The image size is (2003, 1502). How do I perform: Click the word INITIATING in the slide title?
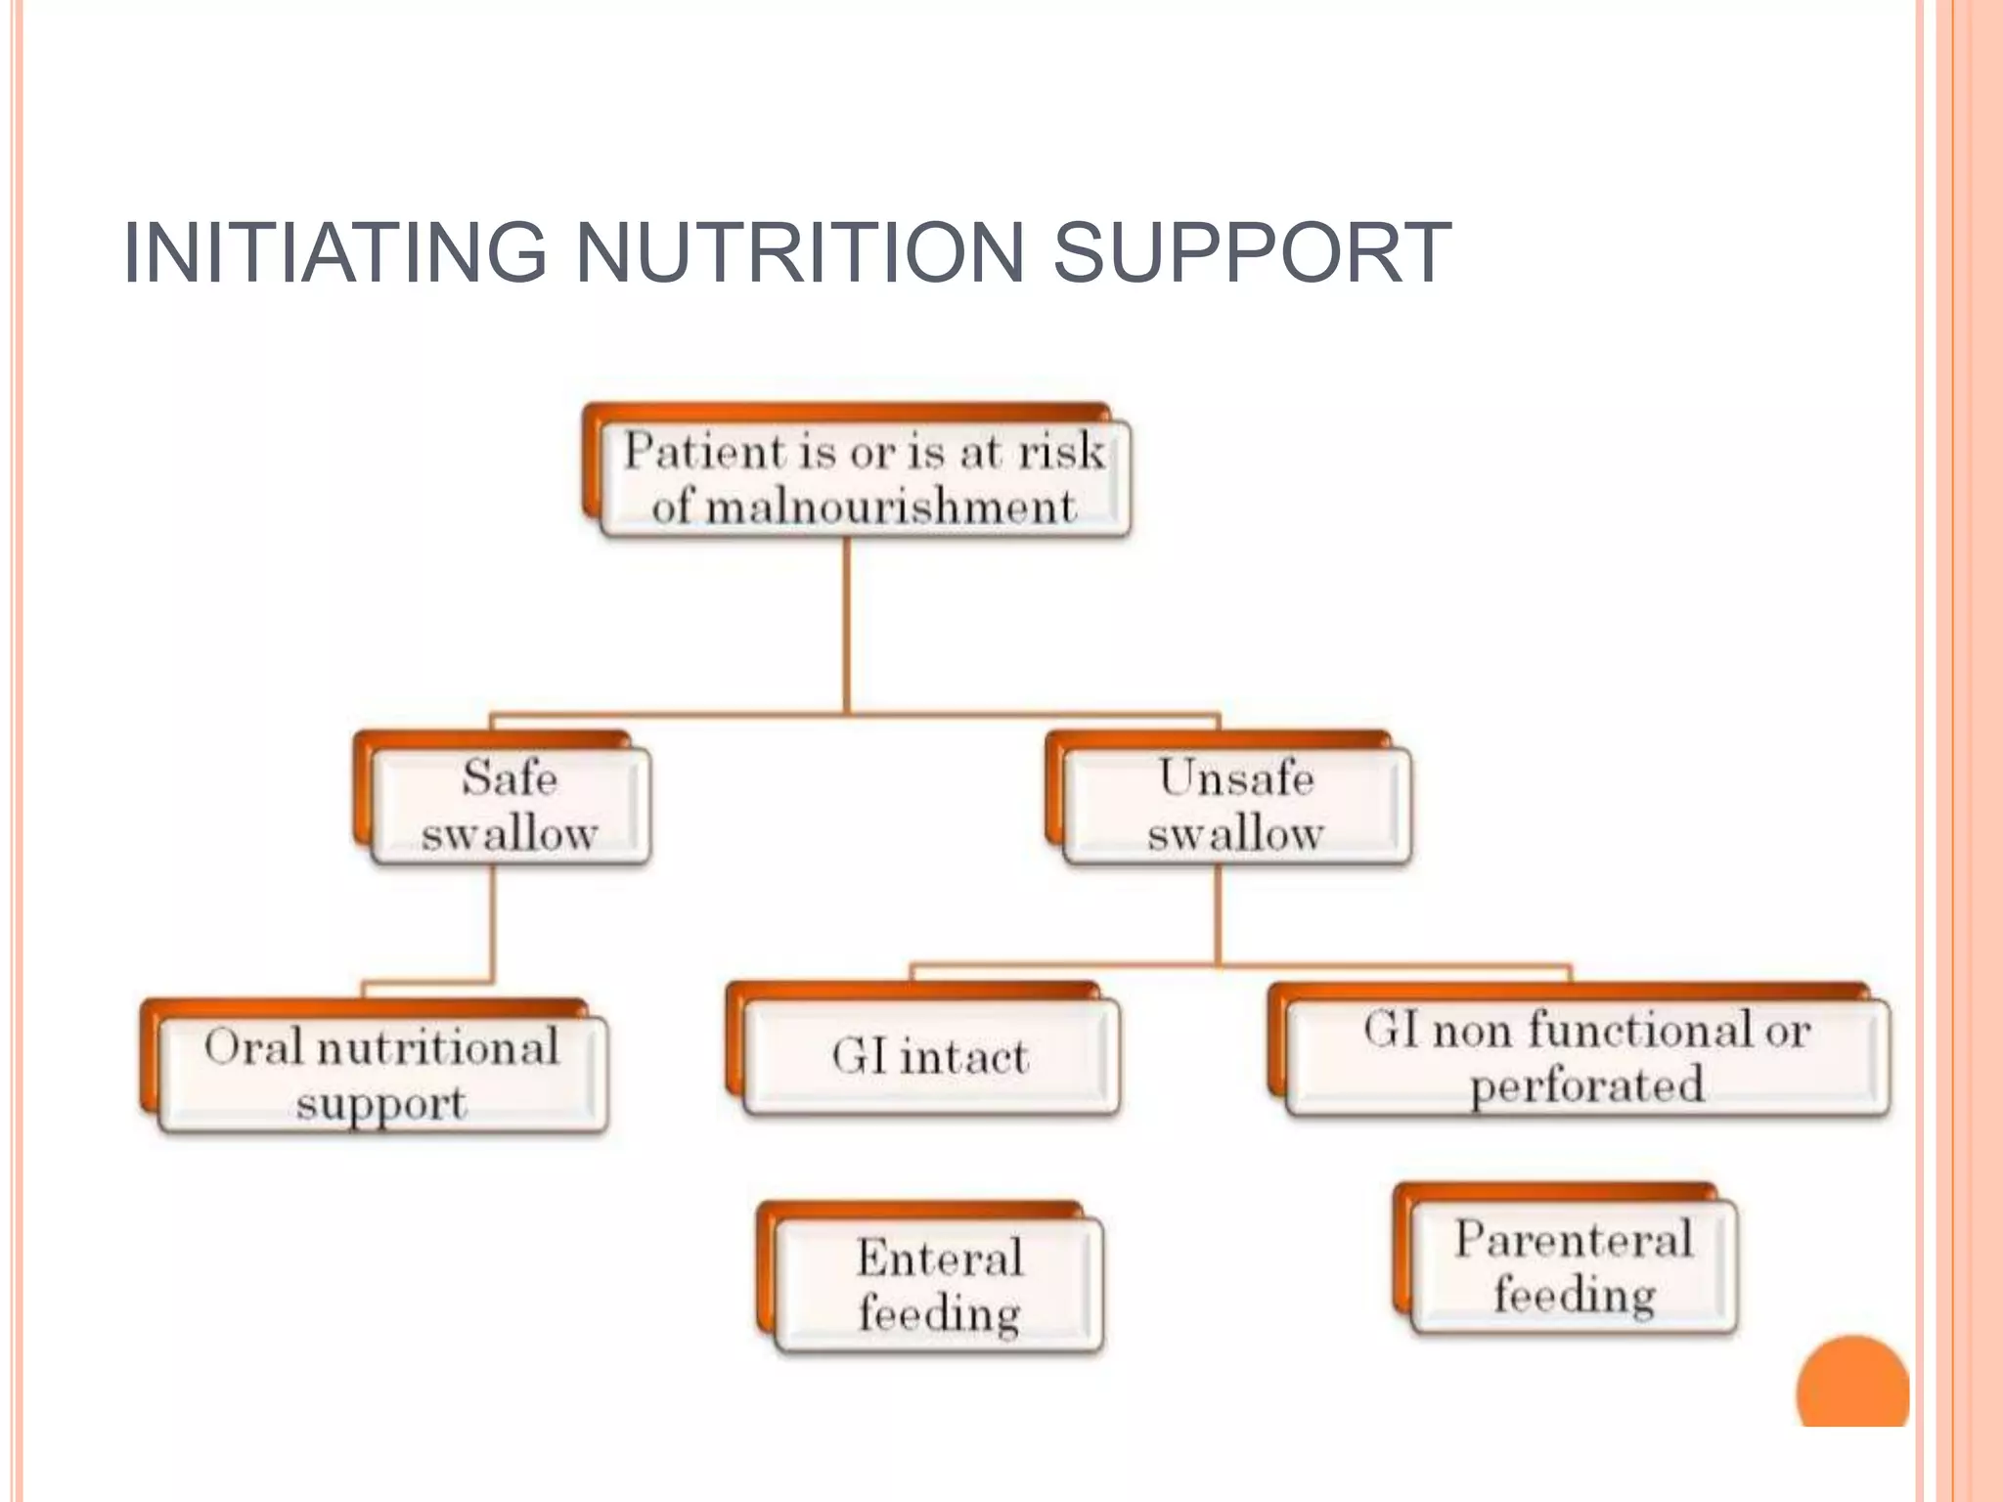334,253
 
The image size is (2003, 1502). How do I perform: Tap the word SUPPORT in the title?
1252,253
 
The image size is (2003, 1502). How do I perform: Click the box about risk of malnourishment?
865,478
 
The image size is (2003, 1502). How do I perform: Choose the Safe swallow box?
510,805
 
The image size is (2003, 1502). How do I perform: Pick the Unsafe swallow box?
1236,805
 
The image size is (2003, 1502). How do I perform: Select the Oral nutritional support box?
381,1075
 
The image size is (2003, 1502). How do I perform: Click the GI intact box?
930,1057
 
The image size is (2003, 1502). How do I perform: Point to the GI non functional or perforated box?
1586,1057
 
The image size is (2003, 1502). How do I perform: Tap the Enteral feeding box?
939,1284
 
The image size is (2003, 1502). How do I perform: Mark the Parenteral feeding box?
1574,1266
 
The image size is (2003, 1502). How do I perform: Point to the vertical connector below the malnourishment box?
847,626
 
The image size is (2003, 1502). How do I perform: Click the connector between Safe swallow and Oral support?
492,924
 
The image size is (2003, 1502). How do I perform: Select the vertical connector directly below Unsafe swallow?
1219,914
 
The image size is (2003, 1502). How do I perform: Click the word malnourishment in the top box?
890,508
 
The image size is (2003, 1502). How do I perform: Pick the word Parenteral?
1574,1239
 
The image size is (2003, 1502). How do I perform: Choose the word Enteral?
939,1257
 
